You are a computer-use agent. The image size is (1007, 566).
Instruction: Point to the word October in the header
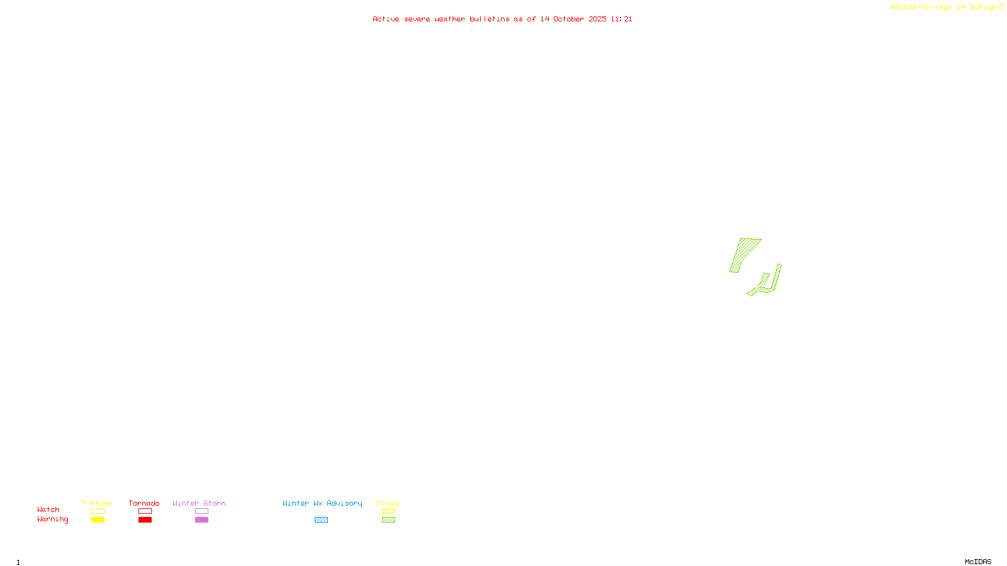pyautogui.click(x=568, y=19)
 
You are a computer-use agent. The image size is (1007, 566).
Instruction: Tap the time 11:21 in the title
pyautogui.click(x=621, y=19)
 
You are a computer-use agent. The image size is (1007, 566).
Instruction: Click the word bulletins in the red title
pyautogui.click(x=489, y=19)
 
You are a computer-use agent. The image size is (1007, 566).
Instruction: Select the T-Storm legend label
pyautogui.click(x=97, y=503)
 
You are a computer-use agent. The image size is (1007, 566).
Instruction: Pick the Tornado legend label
pyautogui.click(x=144, y=503)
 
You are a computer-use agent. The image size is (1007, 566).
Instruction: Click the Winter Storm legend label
pyautogui.click(x=199, y=503)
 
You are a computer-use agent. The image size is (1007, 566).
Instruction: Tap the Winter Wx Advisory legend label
pyautogui.click(x=322, y=503)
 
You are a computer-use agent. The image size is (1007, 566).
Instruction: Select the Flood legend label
pyautogui.click(x=388, y=503)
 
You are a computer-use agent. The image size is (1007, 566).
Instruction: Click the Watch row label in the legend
pyautogui.click(x=48, y=509)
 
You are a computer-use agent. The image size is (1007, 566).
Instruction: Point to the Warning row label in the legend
pyautogui.click(x=52, y=519)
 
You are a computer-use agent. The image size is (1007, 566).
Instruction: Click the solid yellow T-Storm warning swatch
pyautogui.click(x=98, y=520)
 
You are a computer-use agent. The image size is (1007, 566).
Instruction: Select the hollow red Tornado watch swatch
pyautogui.click(x=145, y=511)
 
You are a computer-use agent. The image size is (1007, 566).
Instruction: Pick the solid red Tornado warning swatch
pyautogui.click(x=145, y=520)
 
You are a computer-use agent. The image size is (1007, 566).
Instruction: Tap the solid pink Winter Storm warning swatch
pyautogui.click(x=201, y=520)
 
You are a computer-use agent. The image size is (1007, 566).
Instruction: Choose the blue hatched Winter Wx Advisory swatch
pyautogui.click(x=321, y=520)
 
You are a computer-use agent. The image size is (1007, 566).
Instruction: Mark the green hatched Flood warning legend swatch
pyautogui.click(x=388, y=520)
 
